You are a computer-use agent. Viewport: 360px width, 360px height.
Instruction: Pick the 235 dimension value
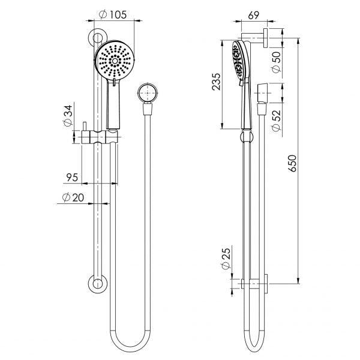tap(217, 81)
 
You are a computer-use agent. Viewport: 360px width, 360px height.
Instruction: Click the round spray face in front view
tap(113, 61)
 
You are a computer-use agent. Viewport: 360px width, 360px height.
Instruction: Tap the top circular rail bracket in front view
tap(95, 38)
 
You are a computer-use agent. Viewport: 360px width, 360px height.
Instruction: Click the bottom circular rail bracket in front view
tap(95, 285)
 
